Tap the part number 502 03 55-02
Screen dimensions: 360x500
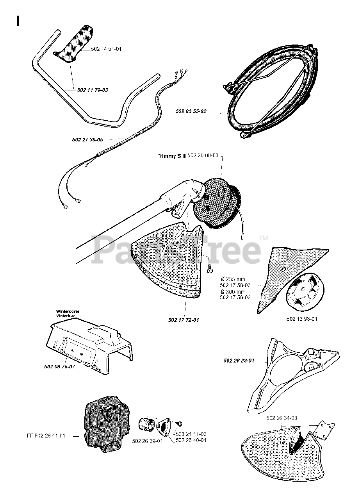[191, 112]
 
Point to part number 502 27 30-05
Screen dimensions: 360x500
[87, 139]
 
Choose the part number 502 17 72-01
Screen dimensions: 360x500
[184, 320]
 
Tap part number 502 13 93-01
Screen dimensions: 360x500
[302, 319]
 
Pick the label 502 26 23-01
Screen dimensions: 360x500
[239, 361]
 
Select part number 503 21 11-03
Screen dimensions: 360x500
[191, 434]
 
